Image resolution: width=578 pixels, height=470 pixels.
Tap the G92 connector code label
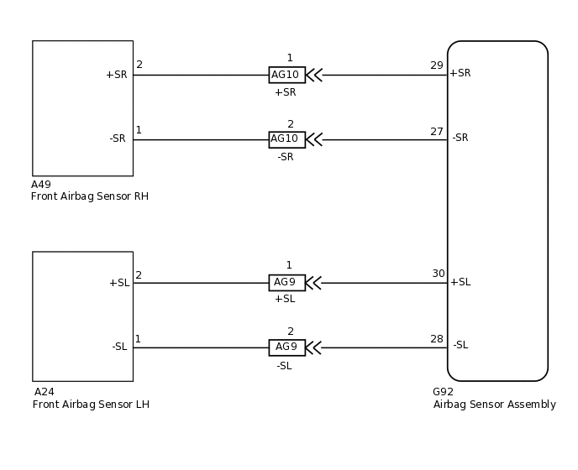coord(443,392)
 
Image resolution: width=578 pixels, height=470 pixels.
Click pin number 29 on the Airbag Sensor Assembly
coord(437,65)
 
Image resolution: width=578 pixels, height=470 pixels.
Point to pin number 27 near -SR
coord(437,132)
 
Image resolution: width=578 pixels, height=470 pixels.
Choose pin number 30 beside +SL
coord(439,274)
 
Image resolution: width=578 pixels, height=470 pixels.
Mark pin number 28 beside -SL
coord(437,339)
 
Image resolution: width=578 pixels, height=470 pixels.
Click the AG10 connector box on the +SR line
coord(287,75)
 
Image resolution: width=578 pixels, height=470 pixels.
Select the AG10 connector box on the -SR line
coord(287,139)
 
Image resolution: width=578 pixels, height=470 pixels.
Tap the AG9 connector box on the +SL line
coord(287,283)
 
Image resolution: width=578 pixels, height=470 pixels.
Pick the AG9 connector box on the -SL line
coord(287,347)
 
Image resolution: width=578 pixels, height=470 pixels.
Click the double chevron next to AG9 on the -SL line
coord(313,347)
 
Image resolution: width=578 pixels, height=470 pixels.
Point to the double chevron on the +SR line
coord(314,76)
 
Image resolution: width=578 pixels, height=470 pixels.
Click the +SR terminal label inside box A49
coord(117,75)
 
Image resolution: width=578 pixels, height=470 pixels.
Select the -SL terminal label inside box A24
coord(119,347)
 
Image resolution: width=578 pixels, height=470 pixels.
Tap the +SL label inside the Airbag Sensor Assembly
coord(460,282)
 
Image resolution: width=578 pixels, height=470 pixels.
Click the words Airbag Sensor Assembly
coord(494,405)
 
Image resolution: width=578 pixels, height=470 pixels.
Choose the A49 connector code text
coord(41,184)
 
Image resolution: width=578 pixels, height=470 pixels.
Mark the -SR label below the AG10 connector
coord(286,157)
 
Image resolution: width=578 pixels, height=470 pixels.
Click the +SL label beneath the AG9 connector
coord(285,299)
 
